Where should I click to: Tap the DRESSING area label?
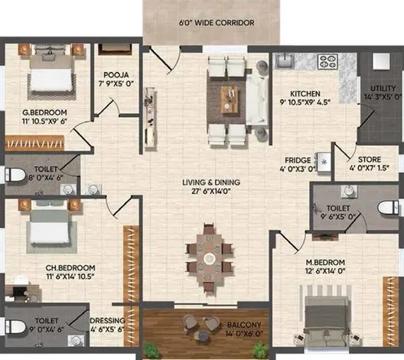tap(106, 322)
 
